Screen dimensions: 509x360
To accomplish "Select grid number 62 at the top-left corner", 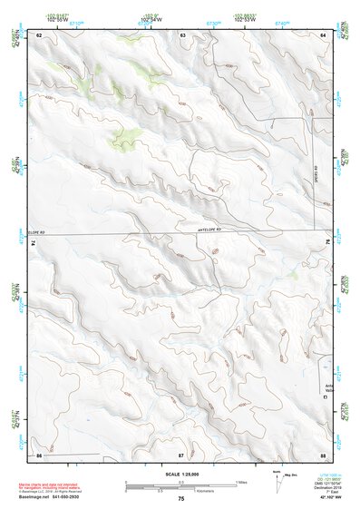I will [x=40, y=34].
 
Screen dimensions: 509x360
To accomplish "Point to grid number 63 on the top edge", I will [x=182, y=34].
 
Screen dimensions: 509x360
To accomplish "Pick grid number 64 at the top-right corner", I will [x=324, y=34].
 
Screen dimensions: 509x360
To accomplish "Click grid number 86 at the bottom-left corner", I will [x=40, y=453].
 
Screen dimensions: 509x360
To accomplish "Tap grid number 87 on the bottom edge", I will [x=181, y=453].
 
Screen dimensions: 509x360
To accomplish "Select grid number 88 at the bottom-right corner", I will [x=323, y=453].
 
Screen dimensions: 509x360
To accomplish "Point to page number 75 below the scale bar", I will [x=181, y=499].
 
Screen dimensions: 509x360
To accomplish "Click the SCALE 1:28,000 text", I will [x=180, y=474].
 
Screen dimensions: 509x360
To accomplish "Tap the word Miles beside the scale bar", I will [x=241, y=481].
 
